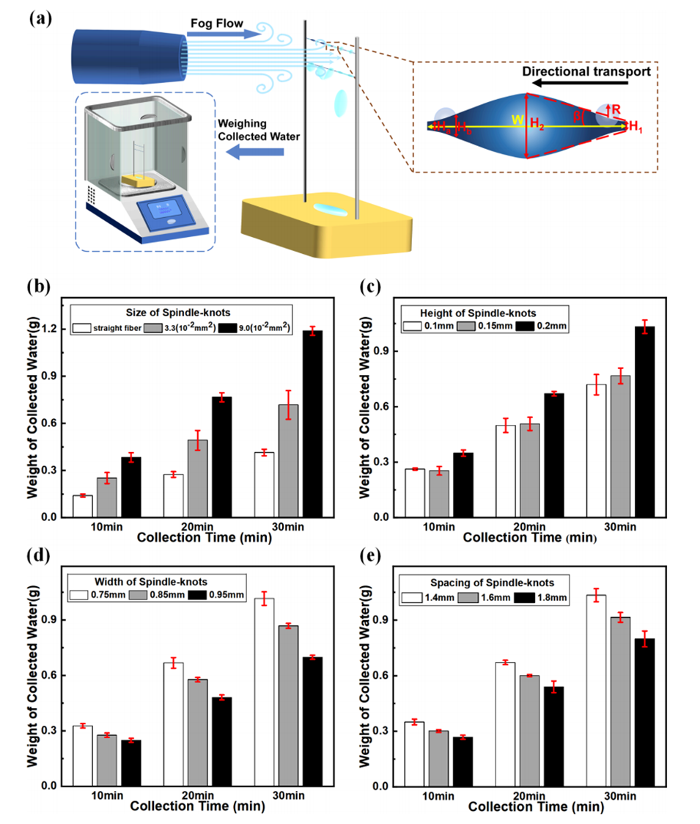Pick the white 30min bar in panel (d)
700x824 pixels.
pyautogui.click(x=264, y=692)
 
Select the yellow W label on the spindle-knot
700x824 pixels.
pyautogui.click(x=511, y=120)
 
